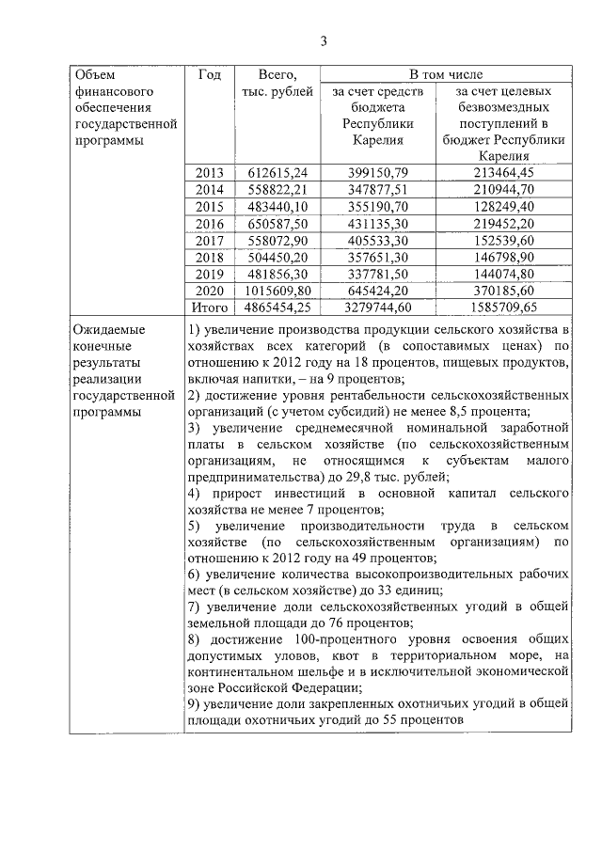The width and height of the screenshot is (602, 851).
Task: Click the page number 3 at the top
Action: pyautogui.click(x=323, y=40)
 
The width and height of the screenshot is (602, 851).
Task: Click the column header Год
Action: pyautogui.click(x=210, y=74)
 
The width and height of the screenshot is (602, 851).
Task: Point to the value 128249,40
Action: pyautogui.click(x=506, y=206)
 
